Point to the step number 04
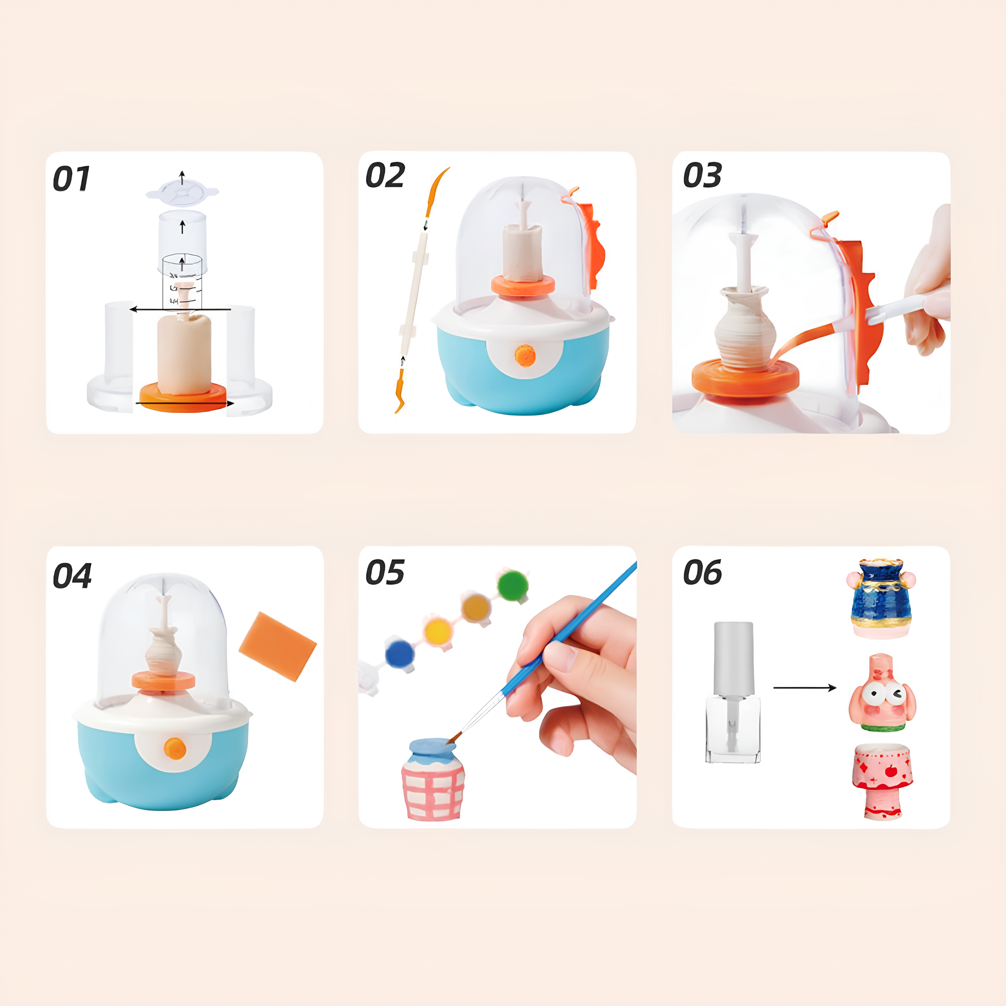73,576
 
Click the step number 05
385,572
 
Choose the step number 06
703,572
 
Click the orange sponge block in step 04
277,646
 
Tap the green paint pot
513,585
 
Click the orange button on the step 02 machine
525,355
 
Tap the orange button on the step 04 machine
175,748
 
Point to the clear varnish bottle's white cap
733,659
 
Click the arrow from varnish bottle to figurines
805,688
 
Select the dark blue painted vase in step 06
881,598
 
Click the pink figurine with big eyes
882,693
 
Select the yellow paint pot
437,632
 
